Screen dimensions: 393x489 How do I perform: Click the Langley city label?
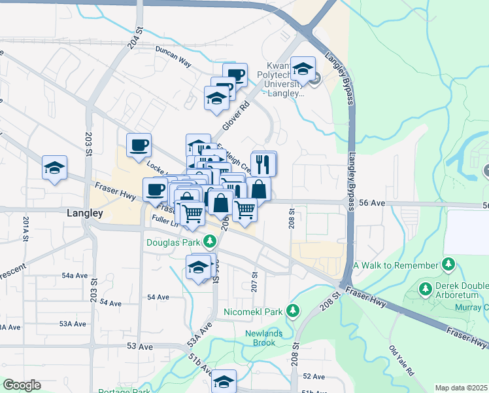coord(85,214)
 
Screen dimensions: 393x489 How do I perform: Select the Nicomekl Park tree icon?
coord(294,310)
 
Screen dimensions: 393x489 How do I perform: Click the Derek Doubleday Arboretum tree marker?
coord(425,288)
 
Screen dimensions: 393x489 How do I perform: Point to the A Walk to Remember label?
coord(396,265)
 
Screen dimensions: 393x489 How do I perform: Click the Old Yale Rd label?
coord(401,361)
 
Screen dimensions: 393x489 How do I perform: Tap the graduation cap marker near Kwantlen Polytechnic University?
coord(303,68)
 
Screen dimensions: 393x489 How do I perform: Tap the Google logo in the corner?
coord(22,385)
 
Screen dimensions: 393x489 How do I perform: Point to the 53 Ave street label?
coord(140,346)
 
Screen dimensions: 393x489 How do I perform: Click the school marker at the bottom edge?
coord(224,381)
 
